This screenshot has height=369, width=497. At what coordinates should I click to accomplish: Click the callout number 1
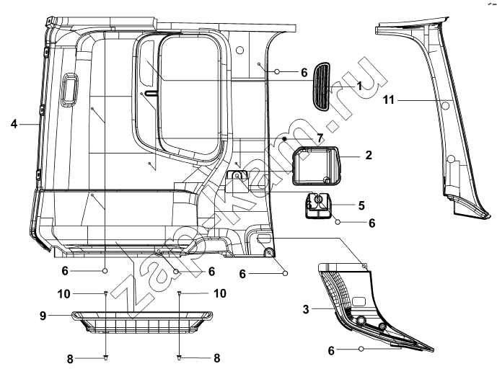pyautogui.click(x=359, y=86)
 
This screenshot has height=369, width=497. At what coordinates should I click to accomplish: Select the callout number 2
pyautogui.click(x=369, y=155)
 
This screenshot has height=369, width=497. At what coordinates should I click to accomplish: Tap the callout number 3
pyautogui.click(x=306, y=309)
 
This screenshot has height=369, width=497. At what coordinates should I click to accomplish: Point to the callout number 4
pyautogui.click(x=14, y=124)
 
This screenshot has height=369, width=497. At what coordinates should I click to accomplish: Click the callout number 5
pyautogui.click(x=361, y=205)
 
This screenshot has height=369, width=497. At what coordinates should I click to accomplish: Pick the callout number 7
pyautogui.click(x=320, y=138)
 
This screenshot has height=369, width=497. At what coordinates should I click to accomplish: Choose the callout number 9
pyautogui.click(x=43, y=316)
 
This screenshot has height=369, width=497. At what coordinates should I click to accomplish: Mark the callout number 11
pyautogui.click(x=389, y=99)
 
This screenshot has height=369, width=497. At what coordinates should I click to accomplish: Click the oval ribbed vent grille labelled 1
pyautogui.click(x=322, y=86)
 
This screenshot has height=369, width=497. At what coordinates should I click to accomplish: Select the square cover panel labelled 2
pyautogui.click(x=316, y=166)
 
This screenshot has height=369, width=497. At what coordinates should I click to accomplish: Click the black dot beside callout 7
pyautogui.click(x=285, y=138)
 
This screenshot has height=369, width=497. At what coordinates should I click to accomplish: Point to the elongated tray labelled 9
pyautogui.click(x=142, y=322)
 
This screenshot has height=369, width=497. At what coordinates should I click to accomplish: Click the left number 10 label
pyautogui.click(x=63, y=294)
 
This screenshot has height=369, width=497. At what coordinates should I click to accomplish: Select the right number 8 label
pyautogui.click(x=217, y=358)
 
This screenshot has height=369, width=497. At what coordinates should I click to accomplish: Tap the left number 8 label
pyautogui.click(x=70, y=359)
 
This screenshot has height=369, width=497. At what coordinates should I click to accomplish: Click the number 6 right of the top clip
pyautogui.click(x=304, y=73)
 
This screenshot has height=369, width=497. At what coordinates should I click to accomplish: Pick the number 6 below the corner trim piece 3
pyautogui.click(x=331, y=351)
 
